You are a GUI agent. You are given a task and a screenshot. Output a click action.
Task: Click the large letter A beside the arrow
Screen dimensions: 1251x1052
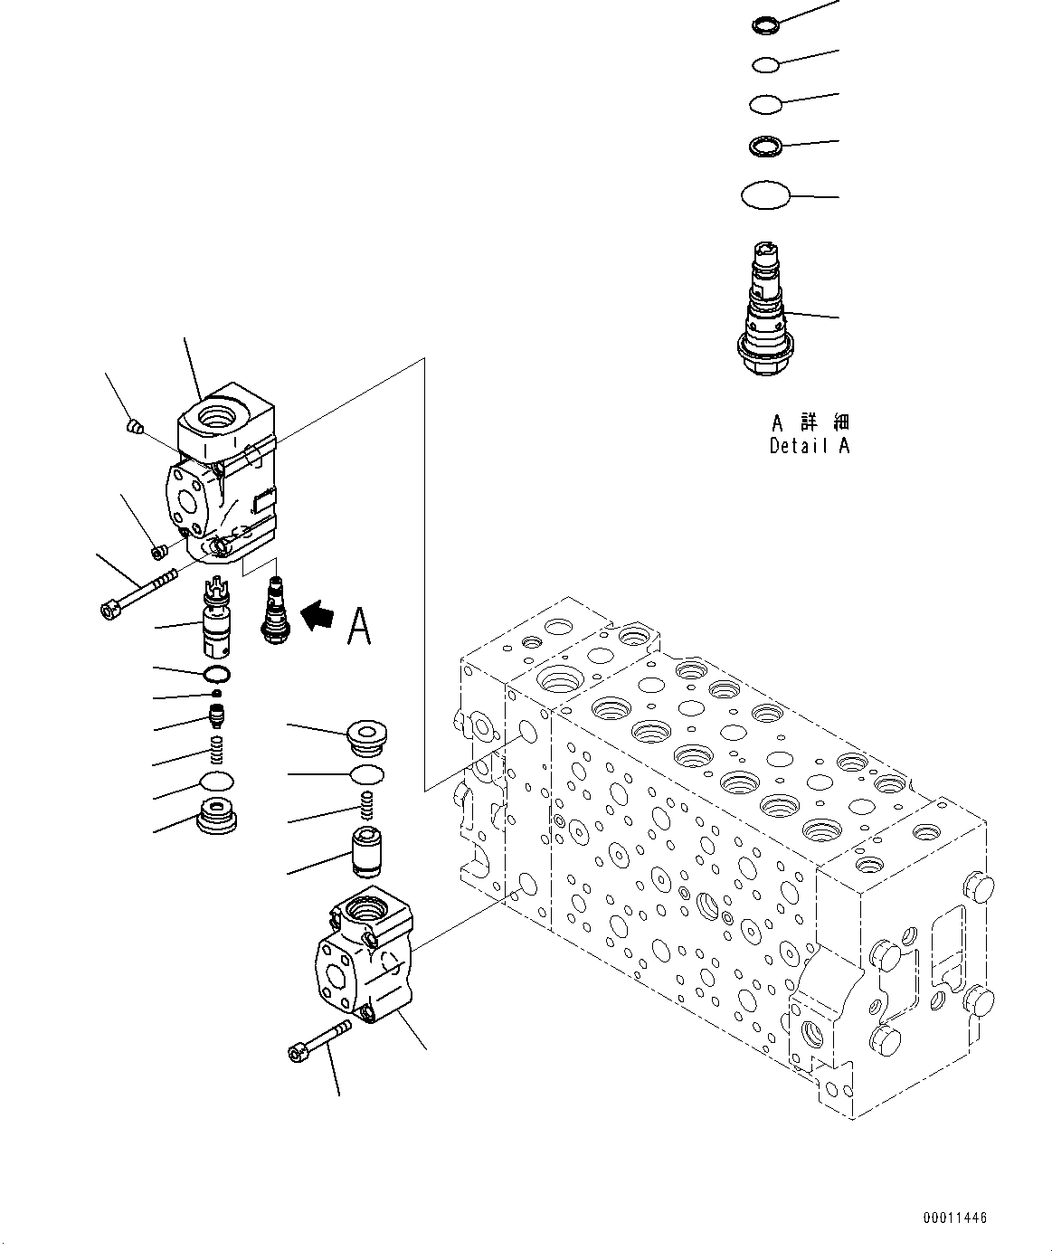(x=359, y=626)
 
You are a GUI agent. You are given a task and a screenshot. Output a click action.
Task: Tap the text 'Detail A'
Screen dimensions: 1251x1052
(x=810, y=445)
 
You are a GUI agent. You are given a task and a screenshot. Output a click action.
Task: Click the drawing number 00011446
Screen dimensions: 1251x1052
(x=956, y=1218)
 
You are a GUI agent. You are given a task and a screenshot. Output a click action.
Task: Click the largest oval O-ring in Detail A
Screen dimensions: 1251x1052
(x=765, y=194)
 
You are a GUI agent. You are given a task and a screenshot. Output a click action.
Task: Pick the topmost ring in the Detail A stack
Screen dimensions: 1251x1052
(x=764, y=24)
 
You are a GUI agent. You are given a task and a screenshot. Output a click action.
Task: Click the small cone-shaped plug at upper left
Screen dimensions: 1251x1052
(x=134, y=425)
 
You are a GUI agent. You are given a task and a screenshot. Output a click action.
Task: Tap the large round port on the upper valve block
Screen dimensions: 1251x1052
(x=220, y=418)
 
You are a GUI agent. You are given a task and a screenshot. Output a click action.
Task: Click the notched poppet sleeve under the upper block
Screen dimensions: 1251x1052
(x=217, y=621)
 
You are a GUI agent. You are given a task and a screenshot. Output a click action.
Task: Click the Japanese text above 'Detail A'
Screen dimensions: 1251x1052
(x=810, y=422)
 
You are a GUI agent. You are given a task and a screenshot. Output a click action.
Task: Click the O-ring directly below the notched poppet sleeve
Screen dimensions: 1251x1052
(x=217, y=674)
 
